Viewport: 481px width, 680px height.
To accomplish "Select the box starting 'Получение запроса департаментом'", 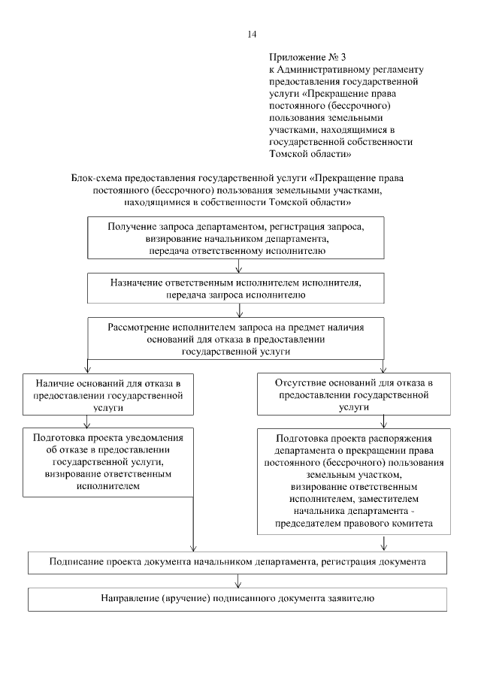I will tap(238, 237).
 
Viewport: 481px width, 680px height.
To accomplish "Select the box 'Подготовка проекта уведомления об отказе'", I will tap(110, 461).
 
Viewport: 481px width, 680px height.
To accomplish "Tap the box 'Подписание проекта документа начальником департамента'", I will tap(238, 561).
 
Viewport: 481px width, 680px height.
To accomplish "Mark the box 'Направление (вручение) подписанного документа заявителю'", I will tap(238, 599).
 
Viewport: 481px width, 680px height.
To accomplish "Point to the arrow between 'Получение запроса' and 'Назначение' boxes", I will tap(238, 265).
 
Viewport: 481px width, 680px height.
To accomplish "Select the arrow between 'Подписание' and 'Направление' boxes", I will tap(238, 580).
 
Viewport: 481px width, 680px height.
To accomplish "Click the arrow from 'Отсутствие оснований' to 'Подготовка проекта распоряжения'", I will tap(384, 421).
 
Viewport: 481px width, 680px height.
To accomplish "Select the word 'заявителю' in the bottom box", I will tap(352, 599).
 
